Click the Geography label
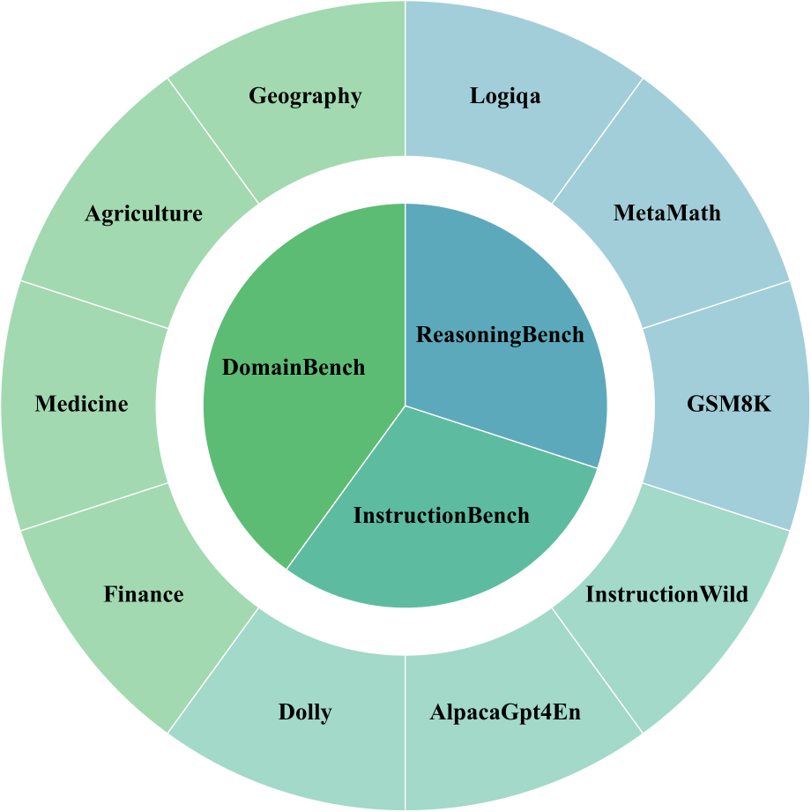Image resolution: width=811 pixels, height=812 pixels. (x=305, y=96)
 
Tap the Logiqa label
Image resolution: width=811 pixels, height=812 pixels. (x=505, y=96)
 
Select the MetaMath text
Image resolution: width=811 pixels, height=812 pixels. (x=667, y=212)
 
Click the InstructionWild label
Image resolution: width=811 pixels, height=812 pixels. (x=667, y=594)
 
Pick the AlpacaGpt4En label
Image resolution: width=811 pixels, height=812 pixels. (x=505, y=712)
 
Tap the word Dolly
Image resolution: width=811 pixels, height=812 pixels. (x=305, y=712)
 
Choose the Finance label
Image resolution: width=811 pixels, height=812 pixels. (x=144, y=594)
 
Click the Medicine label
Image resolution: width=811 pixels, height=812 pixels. (x=81, y=405)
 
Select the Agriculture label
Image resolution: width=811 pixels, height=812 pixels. (x=144, y=213)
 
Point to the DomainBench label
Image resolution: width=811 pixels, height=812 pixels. (x=294, y=368)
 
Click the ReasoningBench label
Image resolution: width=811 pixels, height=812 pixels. (x=500, y=335)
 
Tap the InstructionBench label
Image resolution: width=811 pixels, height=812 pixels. (x=442, y=515)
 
